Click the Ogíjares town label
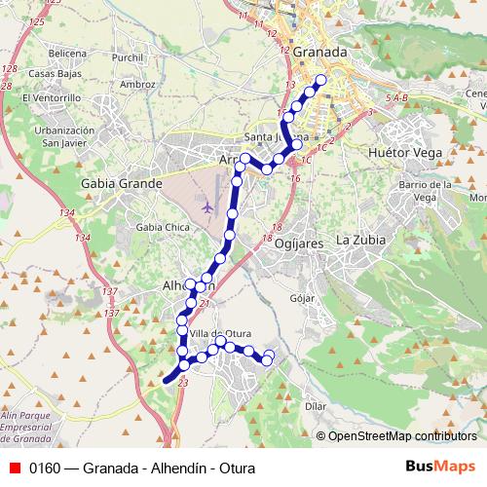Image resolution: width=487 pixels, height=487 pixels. [x=298, y=243]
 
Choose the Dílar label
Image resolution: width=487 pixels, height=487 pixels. [x=316, y=404]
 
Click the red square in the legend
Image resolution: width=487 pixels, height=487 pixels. [x=14, y=468]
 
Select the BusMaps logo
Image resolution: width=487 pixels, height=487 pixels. [x=440, y=467]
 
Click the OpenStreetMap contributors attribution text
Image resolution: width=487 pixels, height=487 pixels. [x=401, y=435]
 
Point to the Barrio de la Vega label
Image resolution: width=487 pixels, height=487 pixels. [x=424, y=191]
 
